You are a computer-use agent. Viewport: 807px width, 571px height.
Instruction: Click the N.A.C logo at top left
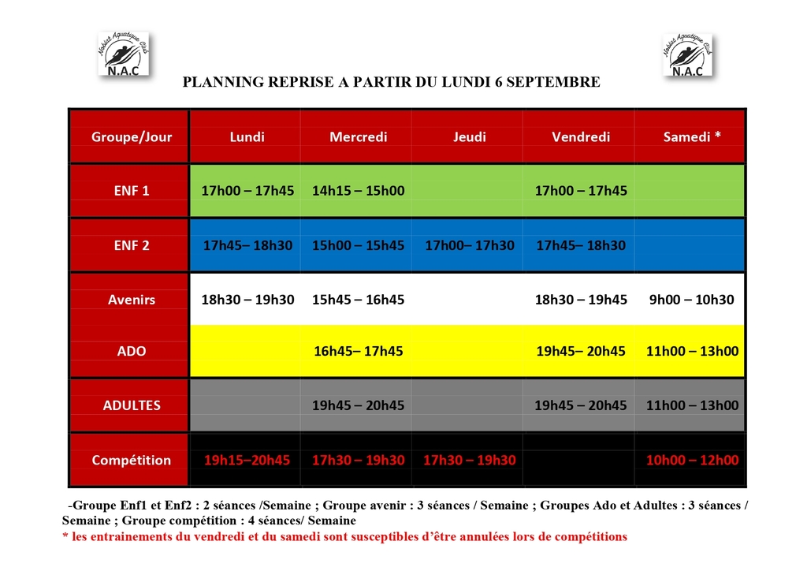(123, 54)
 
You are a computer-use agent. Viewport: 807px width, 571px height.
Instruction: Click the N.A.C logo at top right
(686, 54)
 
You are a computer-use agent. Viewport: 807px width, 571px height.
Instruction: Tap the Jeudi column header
(470, 137)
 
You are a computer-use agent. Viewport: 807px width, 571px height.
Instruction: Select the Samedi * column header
(692, 137)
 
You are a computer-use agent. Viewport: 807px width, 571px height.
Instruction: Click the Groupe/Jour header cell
(132, 137)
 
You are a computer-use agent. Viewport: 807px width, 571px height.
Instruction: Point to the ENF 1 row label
(132, 191)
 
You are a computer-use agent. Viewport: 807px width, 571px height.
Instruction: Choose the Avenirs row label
(132, 300)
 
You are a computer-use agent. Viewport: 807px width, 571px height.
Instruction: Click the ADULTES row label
(132, 405)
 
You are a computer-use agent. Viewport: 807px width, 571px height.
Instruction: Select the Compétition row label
(132, 461)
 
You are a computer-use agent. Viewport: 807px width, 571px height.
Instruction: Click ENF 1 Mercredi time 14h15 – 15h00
(359, 191)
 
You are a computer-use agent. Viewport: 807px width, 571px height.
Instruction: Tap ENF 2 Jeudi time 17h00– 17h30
(470, 245)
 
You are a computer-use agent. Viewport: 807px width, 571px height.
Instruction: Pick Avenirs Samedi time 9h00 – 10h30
(692, 300)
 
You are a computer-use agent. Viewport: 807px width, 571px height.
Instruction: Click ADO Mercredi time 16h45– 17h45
(359, 352)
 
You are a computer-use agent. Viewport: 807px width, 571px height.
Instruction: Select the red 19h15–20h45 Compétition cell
(247, 461)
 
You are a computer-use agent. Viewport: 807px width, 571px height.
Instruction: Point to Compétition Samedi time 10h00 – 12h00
(692, 461)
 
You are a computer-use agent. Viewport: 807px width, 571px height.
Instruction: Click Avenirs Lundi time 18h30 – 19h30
(247, 300)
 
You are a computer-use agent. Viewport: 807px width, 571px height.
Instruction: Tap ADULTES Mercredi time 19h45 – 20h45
(359, 405)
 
